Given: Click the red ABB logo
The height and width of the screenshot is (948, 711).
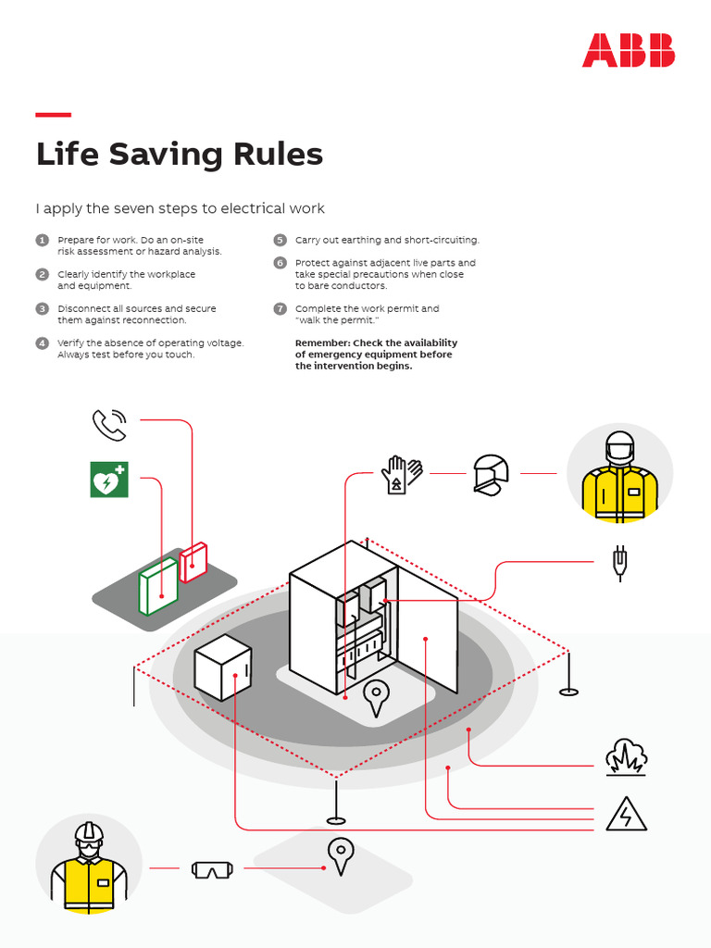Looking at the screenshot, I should (x=628, y=50).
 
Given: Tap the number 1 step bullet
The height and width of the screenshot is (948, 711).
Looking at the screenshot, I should (x=42, y=240).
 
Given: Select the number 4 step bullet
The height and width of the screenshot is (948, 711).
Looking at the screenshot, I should (x=42, y=343).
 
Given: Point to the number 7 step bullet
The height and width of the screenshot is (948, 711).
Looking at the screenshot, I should (x=280, y=308).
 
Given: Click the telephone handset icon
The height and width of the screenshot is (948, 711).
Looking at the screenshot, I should (x=108, y=425).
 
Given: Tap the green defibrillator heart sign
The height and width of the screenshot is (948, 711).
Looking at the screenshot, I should (x=109, y=480).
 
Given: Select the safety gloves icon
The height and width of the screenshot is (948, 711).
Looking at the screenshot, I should (x=401, y=474).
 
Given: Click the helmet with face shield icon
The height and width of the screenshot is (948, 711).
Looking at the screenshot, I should (x=490, y=474).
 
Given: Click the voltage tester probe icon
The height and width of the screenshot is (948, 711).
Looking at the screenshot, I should (x=618, y=562).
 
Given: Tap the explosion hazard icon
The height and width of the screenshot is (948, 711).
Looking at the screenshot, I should (x=626, y=757).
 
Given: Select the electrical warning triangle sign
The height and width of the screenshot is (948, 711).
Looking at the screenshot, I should (x=627, y=815).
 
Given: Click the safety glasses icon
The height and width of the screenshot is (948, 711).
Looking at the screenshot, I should (x=212, y=869).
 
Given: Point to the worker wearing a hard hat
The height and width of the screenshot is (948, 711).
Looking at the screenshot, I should (x=89, y=867).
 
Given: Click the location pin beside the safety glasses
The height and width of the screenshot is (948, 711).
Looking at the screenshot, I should (x=341, y=856).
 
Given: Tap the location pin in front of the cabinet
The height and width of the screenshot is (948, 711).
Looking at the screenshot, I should (x=376, y=697).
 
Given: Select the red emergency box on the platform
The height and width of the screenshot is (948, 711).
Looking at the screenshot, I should (x=193, y=563).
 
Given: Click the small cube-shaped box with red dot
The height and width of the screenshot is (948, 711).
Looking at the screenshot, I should (x=223, y=667).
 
